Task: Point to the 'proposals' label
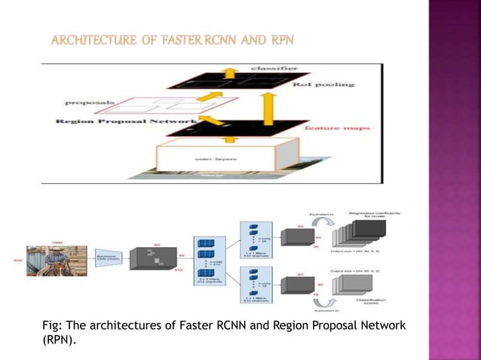pyautogui.click(x=89, y=102)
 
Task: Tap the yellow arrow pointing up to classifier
pyautogui.click(x=228, y=73)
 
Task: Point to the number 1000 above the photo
pyautogui.click(x=57, y=243)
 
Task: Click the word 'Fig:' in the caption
pyautogui.click(x=53, y=325)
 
